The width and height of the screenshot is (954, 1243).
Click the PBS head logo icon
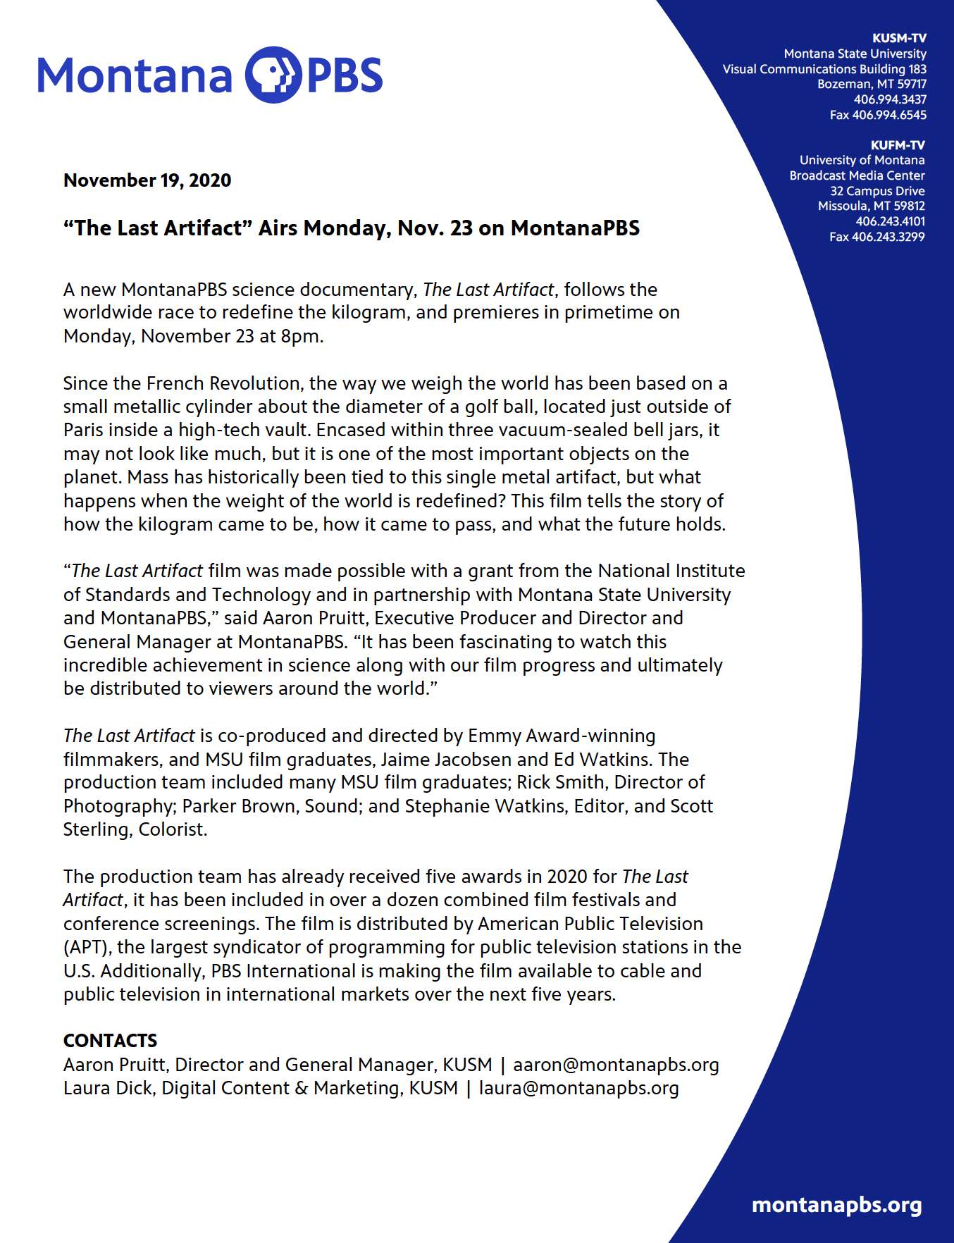[x=273, y=75]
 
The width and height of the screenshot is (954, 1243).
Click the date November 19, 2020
[x=147, y=180]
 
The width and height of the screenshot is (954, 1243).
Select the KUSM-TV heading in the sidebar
[x=899, y=38]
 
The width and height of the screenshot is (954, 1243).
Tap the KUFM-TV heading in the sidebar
[x=898, y=145]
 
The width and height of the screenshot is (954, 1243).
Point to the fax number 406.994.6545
[x=889, y=115]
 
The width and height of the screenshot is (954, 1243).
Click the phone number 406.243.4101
[x=890, y=221]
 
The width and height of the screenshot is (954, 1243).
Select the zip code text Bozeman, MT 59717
[x=872, y=84]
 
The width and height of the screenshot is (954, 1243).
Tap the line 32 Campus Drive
[x=877, y=191]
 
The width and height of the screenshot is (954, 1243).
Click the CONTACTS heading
[x=111, y=1041]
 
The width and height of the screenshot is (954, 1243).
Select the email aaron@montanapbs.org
[x=616, y=1065]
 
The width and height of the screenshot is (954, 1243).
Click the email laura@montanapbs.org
[x=578, y=1088]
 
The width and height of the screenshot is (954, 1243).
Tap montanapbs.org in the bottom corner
[x=836, y=1205]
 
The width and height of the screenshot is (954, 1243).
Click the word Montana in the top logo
[x=135, y=75]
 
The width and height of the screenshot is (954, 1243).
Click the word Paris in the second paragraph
[x=84, y=430]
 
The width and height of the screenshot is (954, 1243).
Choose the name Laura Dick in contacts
[x=108, y=1088]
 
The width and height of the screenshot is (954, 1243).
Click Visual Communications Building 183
[x=824, y=69]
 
